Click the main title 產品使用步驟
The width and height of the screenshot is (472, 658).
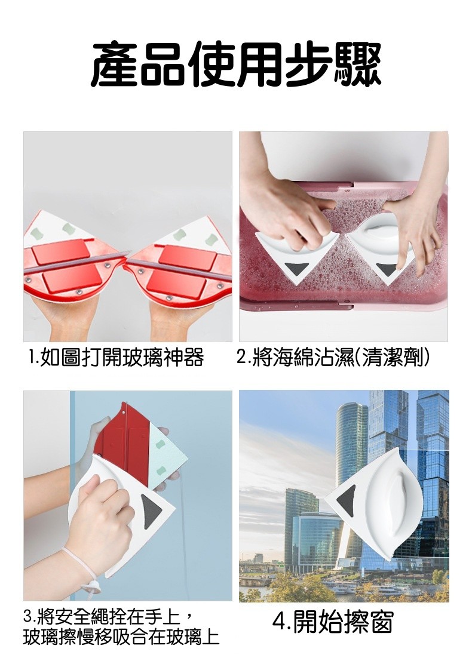[x=236, y=66]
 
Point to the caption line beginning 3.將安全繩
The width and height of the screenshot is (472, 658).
[x=108, y=618]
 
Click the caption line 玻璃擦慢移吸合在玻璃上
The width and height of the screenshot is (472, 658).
[x=121, y=638]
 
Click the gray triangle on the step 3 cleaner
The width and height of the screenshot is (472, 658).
[x=152, y=511]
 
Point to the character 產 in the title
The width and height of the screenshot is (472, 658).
[x=114, y=66]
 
